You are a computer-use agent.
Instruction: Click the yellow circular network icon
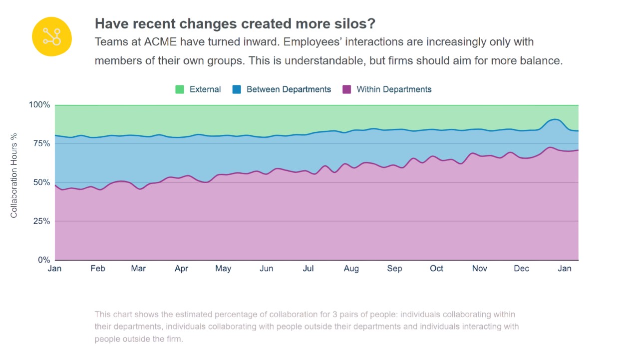click(x=52, y=36)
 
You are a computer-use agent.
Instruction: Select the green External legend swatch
click(x=180, y=89)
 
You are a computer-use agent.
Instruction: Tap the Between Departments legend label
click(x=289, y=89)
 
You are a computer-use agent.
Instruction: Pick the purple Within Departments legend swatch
click(x=347, y=89)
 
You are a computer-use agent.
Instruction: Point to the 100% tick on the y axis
click(x=40, y=105)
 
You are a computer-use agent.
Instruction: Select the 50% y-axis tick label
click(x=41, y=183)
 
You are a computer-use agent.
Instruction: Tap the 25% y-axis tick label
click(x=41, y=221)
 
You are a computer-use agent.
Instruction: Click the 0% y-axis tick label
click(x=44, y=260)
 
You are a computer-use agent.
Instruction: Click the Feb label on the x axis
click(x=98, y=269)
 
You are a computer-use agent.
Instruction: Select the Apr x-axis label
click(x=181, y=269)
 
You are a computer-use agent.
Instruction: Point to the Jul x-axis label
click(x=308, y=269)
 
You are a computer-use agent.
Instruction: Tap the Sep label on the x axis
click(x=394, y=269)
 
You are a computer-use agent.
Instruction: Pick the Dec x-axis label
click(x=521, y=269)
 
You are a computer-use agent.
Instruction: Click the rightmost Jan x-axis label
click(x=565, y=269)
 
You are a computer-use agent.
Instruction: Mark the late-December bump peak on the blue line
click(x=554, y=119)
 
